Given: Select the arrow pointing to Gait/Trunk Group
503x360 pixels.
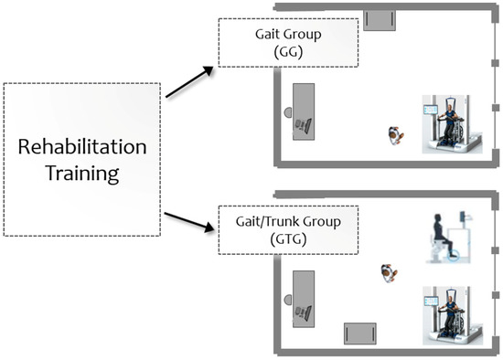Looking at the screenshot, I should point(189,219).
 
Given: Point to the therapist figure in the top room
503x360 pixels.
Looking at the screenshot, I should point(395,136).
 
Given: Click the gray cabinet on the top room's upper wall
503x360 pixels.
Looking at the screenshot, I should point(379,20).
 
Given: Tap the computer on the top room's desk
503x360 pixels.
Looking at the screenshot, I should point(306,123).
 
